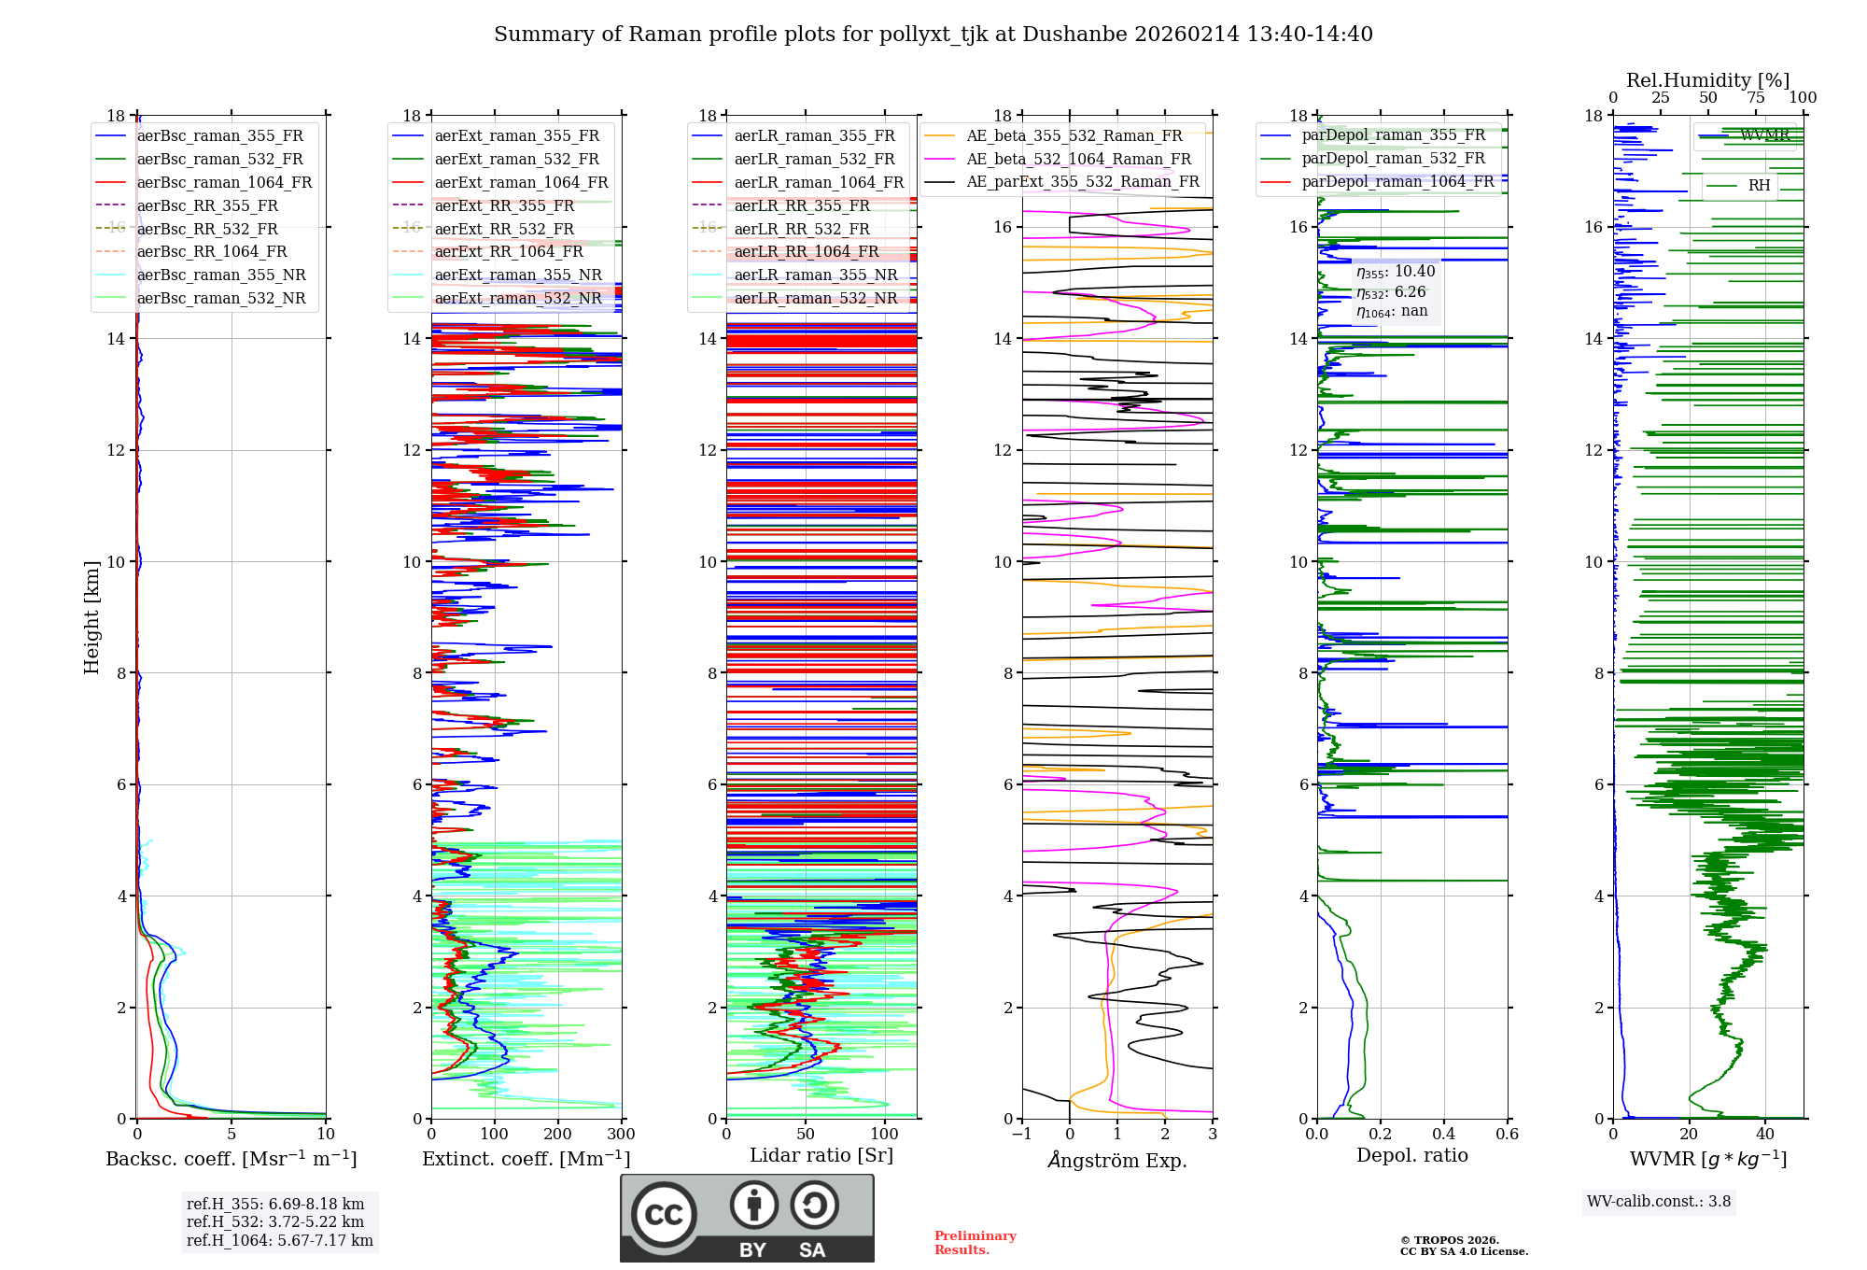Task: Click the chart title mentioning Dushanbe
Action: tap(933, 35)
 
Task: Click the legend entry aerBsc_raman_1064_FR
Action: tap(224, 182)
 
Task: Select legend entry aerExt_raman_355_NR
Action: tap(518, 275)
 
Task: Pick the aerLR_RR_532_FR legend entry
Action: tap(802, 229)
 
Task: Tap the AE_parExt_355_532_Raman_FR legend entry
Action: tap(1082, 181)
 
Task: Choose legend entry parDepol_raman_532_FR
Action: tap(1393, 158)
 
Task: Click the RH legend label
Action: tap(1759, 186)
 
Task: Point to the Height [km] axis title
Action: tap(91, 616)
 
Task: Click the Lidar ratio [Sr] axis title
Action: tap(821, 1155)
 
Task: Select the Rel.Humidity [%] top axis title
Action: tap(1707, 80)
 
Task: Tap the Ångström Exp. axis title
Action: tap(1117, 1160)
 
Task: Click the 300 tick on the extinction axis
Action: tap(621, 1135)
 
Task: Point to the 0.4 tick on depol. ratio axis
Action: tap(1444, 1135)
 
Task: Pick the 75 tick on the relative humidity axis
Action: tap(1756, 98)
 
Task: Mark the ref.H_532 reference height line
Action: tap(274, 1221)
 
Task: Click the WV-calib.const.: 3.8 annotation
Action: tap(1659, 1201)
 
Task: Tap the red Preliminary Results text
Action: tap(975, 1242)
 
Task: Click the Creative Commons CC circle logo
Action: tap(664, 1215)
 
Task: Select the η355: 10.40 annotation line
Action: tap(1396, 272)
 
